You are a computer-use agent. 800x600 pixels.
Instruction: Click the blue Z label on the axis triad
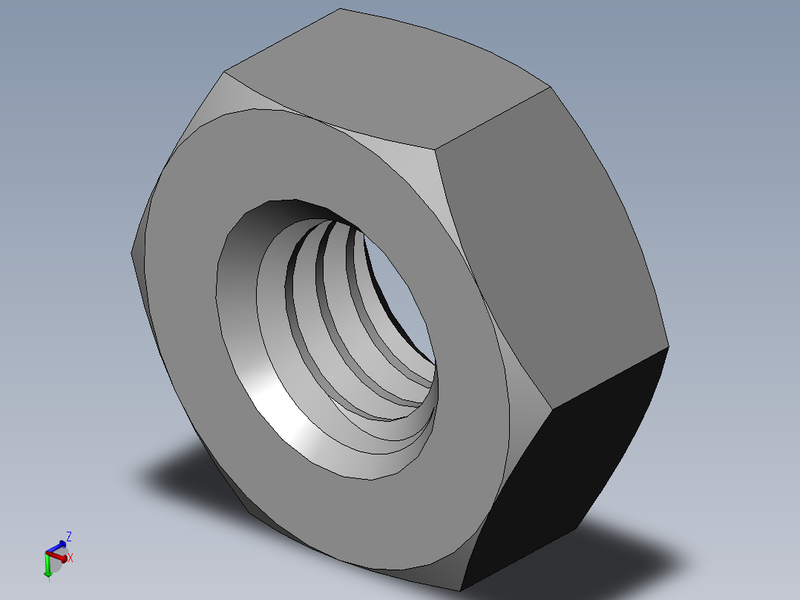[x=68, y=535]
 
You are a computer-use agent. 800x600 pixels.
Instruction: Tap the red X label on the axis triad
[x=71, y=558]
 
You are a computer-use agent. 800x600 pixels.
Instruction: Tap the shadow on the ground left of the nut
[x=186, y=475]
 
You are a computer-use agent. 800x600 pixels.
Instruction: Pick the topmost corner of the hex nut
[x=341, y=9]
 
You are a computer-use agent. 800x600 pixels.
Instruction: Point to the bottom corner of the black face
[x=460, y=591]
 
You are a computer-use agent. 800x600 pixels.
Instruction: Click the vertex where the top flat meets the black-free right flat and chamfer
[x=436, y=148]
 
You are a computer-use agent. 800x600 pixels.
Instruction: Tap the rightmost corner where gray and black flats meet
[x=668, y=347]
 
